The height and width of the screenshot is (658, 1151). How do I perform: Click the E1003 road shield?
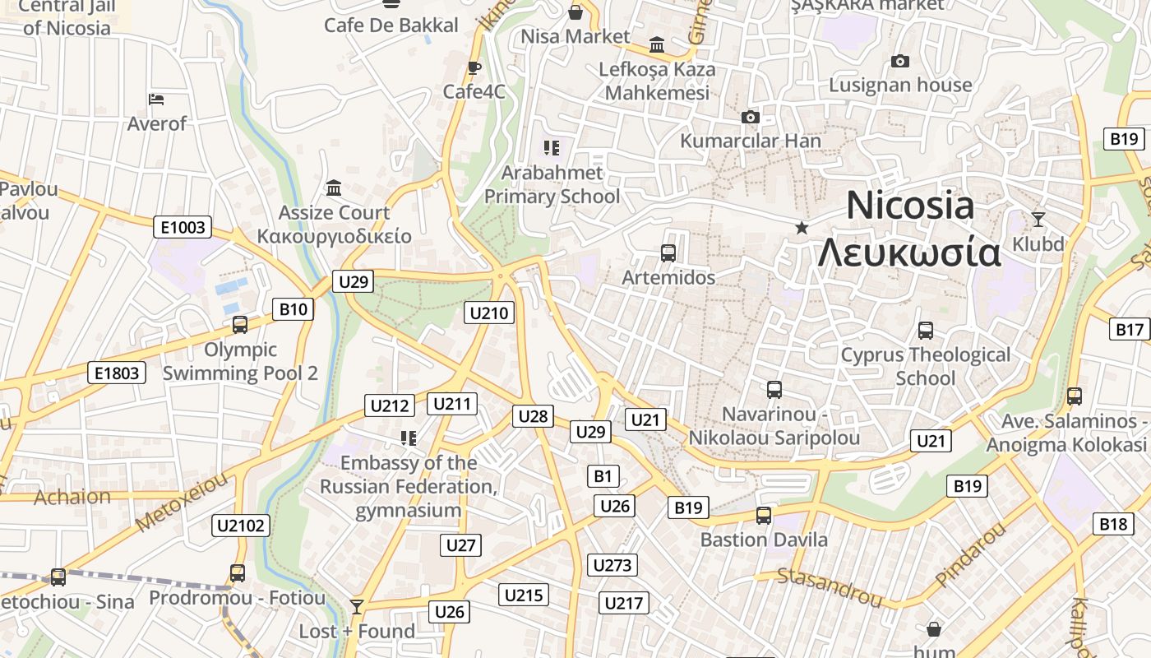coord(183,227)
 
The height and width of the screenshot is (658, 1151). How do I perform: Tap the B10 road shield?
coord(293,309)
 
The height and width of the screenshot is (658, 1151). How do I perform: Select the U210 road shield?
coord(489,313)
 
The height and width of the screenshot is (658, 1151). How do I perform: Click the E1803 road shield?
coord(117,373)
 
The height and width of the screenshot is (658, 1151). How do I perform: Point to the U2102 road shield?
coord(241,526)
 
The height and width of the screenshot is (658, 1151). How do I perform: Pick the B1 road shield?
coord(603,475)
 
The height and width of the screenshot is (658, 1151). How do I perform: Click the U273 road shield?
coord(612,565)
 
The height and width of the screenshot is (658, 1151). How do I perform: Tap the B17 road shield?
coord(1130,330)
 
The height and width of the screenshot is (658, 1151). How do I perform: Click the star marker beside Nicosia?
coord(802,227)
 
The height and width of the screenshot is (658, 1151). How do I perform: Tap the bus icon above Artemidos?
coord(668,253)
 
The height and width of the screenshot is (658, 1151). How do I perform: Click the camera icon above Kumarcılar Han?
coord(750,118)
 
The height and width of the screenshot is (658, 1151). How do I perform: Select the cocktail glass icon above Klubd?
coord(1038,220)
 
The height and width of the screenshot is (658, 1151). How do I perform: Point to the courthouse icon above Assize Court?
coord(334,188)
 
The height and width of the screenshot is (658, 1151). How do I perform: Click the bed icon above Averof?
coord(156,100)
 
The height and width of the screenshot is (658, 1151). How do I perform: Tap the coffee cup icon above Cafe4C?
coord(474,67)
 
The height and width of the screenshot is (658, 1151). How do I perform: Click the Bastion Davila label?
coord(764,540)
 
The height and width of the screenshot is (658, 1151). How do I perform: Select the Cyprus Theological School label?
coord(925,367)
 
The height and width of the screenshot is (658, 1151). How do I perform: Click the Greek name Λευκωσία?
coord(909,253)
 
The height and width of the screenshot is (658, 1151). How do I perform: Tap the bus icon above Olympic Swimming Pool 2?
coord(240,325)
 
